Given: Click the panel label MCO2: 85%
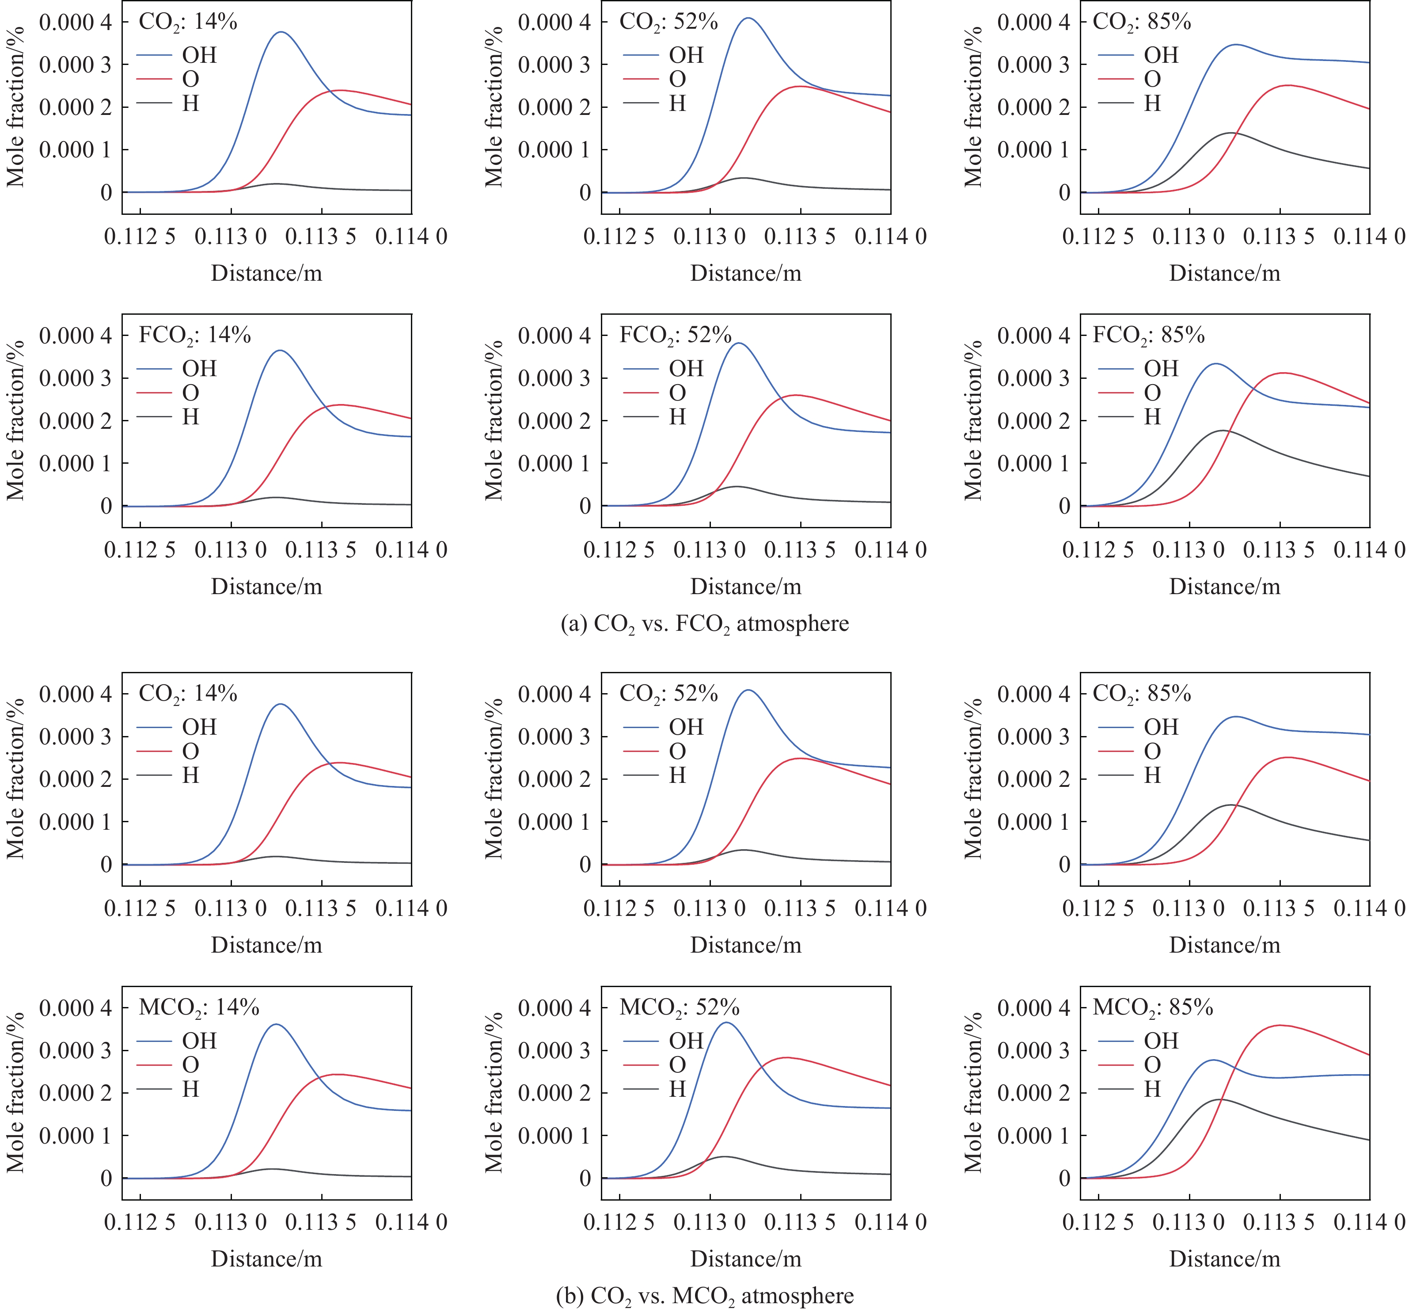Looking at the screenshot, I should (1152, 1007).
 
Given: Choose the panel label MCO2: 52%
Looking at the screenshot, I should (679, 1007).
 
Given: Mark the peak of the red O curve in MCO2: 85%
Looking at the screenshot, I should (1280, 1025).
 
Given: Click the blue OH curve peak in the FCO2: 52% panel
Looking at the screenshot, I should (739, 343).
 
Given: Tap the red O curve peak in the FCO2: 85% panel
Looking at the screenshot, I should (1283, 373).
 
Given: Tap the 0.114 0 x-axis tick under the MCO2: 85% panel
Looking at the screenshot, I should (1369, 1222).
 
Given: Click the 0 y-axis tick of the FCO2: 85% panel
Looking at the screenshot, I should (1064, 506).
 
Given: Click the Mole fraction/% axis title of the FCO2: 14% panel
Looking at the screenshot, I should (15, 420).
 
